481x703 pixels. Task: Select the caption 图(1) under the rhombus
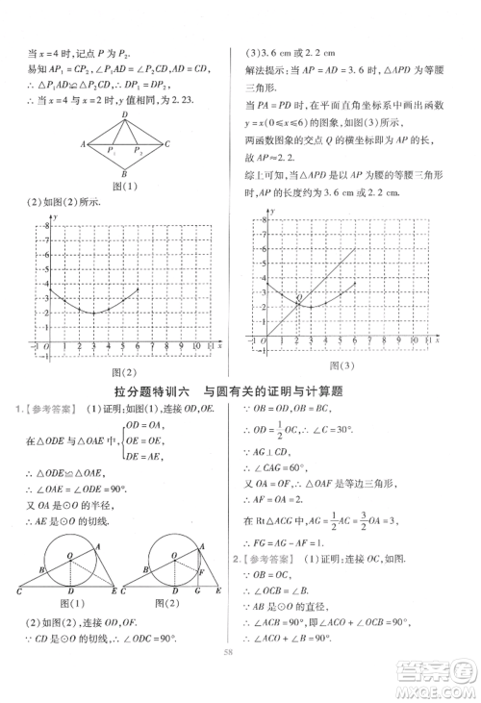coord(124,187)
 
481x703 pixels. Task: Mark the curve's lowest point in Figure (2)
coord(93,313)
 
